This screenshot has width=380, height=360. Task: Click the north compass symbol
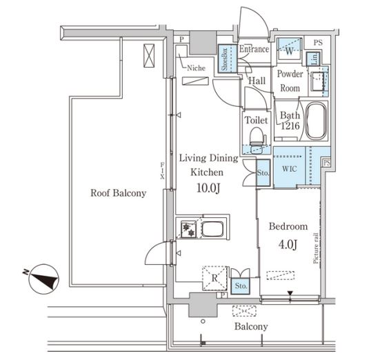(43, 279)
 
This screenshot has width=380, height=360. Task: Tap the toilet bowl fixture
(257, 139)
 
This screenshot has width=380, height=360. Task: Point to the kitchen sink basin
(212, 229)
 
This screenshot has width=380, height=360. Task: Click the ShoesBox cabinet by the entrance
(228, 59)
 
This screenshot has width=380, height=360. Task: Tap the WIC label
(290, 168)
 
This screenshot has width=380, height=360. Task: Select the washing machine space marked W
(290, 49)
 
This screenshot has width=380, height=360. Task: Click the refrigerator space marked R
(214, 278)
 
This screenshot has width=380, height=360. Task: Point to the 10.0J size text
(208, 188)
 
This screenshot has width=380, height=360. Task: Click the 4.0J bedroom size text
(288, 244)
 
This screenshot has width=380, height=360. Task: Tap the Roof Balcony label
(118, 193)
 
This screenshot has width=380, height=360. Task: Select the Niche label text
(196, 68)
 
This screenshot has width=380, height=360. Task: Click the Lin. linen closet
(314, 59)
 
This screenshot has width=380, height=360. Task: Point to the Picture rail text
(316, 248)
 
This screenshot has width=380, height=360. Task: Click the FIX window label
(162, 171)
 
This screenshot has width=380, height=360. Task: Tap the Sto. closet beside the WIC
(263, 173)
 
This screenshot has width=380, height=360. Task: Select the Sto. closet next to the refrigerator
(241, 286)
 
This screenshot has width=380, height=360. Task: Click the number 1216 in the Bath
(290, 126)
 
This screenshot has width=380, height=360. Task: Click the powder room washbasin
(317, 81)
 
